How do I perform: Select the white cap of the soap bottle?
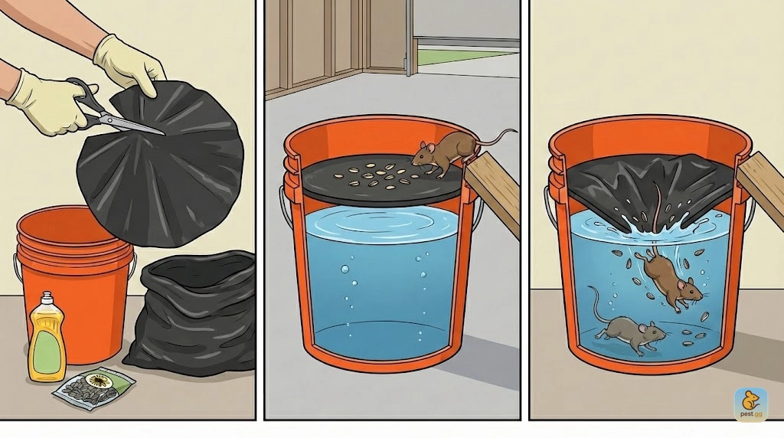[47, 299]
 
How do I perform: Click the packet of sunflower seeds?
[94, 385]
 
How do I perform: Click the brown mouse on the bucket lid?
[443, 152]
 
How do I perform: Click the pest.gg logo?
[750, 404]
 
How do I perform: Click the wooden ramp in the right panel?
[760, 188]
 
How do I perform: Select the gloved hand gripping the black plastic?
[129, 63]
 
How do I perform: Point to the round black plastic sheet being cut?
[160, 162]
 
